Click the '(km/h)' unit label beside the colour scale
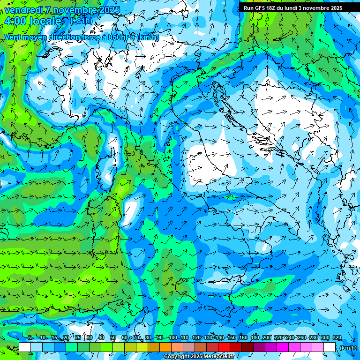pos(347,348)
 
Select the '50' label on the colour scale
pos(112,338)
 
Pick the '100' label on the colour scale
pos(172,338)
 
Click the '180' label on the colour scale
pos(255,338)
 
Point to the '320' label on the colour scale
pos(337,338)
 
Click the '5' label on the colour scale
pos(30,338)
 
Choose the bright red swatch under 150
pos(224,347)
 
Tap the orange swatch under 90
pos(165,347)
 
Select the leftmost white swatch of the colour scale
pos(25,347)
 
